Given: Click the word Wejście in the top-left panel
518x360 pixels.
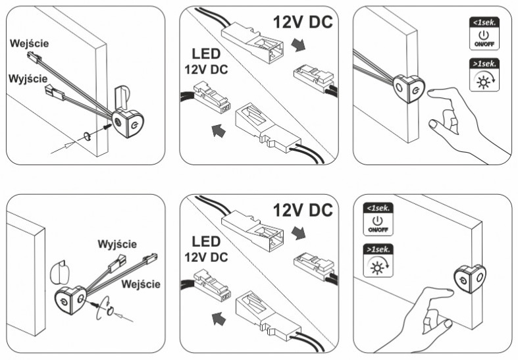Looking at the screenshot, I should [29, 43].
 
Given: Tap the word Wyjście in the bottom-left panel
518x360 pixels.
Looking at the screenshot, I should [117, 244].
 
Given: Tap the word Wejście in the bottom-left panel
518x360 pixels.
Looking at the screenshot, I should [141, 284].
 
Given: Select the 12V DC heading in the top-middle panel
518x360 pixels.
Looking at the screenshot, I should [302, 22].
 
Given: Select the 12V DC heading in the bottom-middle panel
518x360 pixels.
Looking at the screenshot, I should [302, 210].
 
